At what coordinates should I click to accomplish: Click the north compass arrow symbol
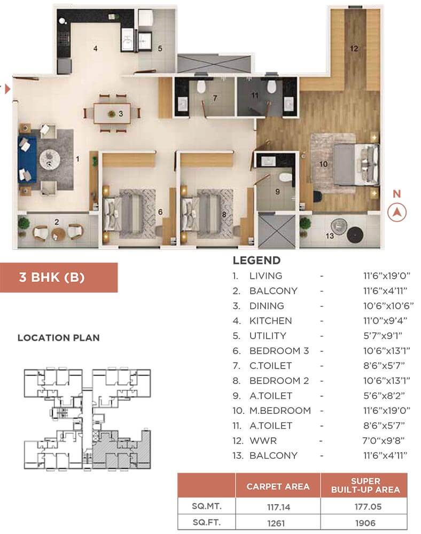click(x=397, y=212)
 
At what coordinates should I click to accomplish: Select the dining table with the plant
click(x=112, y=113)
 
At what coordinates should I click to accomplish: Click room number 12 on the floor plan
click(x=353, y=48)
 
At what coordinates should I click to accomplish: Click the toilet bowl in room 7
click(x=201, y=87)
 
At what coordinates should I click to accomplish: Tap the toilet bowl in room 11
click(x=271, y=87)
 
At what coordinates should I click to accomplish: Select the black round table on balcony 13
click(x=354, y=235)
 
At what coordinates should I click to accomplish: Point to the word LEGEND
click(x=256, y=261)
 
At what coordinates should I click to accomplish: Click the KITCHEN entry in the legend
click(x=270, y=321)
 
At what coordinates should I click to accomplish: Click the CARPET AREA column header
click(x=277, y=486)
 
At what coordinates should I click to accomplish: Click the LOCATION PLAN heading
click(x=58, y=338)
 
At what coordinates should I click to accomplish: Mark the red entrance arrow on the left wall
click(x=7, y=89)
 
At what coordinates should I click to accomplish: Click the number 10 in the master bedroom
click(x=323, y=164)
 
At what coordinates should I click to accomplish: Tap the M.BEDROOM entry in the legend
click(x=280, y=411)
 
